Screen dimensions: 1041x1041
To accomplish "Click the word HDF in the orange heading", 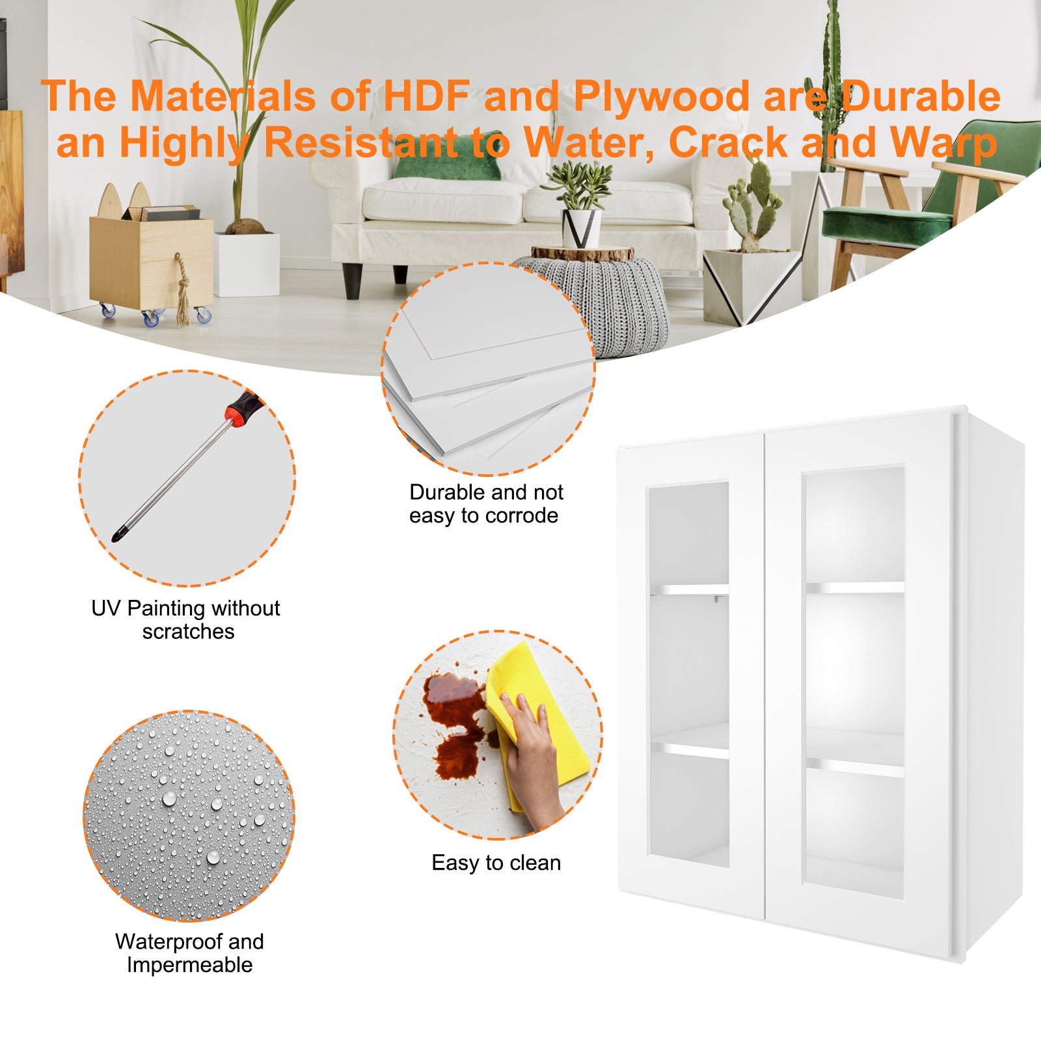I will (426, 96).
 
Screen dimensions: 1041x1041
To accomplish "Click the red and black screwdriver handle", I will (244, 408).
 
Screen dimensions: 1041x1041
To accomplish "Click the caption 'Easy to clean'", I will (496, 863).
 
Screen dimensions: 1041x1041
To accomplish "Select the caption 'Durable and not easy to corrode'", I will (485, 504).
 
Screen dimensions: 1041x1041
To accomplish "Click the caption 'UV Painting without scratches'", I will (186, 619).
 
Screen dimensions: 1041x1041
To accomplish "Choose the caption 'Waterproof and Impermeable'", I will (189, 953).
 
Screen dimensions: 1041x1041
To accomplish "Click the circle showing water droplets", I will (189, 816).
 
